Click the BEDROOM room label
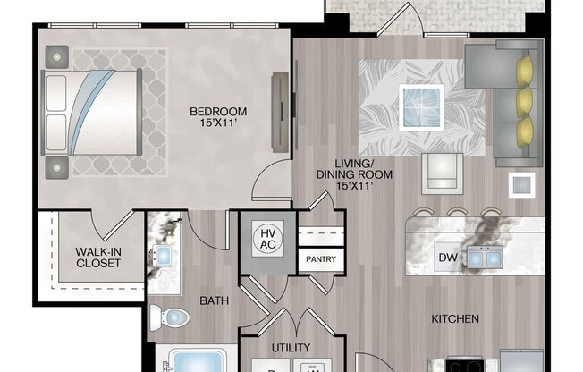tap(218, 118)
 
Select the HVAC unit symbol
tap(266, 239)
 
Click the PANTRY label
tap(321, 258)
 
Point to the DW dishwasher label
tap(447, 258)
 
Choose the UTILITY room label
tap(290, 347)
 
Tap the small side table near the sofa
tap(521, 185)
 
